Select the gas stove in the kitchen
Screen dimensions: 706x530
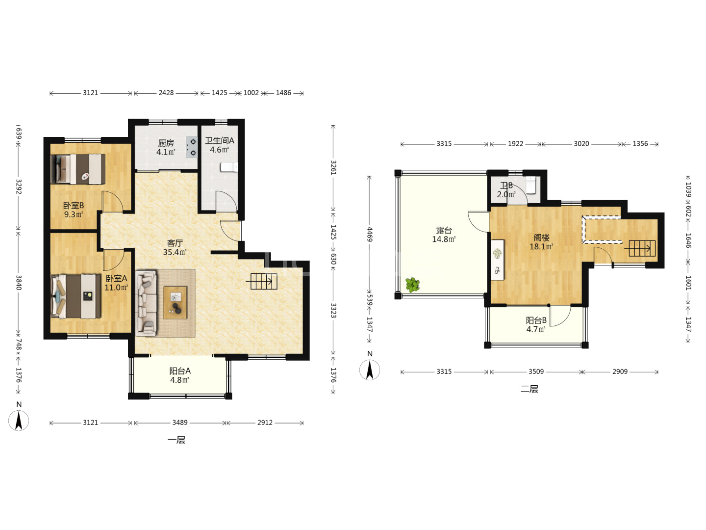point(192,147)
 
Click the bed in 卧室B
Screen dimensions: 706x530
point(78,169)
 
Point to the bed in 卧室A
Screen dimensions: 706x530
point(76,296)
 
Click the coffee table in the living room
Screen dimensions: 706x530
point(175,303)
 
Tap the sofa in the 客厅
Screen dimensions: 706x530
point(146,303)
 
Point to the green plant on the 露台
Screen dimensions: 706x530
point(412,285)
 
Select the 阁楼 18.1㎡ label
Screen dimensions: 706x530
point(541,242)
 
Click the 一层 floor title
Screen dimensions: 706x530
point(176,440)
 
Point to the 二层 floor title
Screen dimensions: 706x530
point(529,389)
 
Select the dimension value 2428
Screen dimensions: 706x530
point(166,93)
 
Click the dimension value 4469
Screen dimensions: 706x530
point(370,234)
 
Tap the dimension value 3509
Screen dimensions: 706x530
point(536,371)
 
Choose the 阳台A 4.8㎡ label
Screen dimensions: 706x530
point(180,375)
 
